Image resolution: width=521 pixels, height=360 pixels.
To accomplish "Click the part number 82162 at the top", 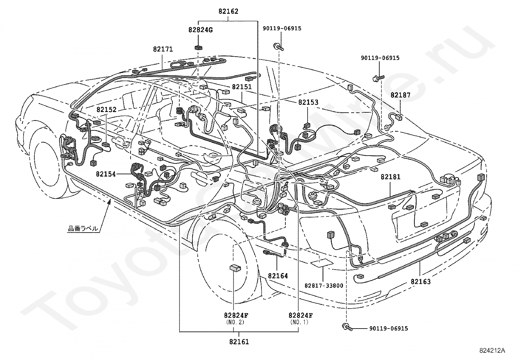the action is point(228,11).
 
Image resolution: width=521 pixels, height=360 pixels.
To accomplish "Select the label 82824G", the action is point(200,30).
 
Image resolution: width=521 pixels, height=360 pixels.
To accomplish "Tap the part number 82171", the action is point(163,49).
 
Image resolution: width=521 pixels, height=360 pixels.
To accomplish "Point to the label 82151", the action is point(242,86).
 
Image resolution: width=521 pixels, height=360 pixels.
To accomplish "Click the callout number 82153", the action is point(308,102).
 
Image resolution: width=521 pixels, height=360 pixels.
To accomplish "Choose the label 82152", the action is point(106,109).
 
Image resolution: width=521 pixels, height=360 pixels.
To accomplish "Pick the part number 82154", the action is point(106,174).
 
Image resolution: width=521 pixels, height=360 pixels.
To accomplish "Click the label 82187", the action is point(400,95).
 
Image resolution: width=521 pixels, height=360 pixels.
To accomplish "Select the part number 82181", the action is point(390,177).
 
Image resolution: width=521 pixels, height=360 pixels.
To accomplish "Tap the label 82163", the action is point(421,281).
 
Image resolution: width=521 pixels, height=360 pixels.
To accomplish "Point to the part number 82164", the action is point(278,276).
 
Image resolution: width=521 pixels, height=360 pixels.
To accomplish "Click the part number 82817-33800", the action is point(324,286).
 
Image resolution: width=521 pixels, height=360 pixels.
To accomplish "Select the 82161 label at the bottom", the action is point(239,342).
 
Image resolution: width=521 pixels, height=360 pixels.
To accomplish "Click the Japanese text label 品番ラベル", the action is point(83,228).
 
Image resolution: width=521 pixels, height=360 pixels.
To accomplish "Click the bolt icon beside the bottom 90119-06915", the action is point(347,327).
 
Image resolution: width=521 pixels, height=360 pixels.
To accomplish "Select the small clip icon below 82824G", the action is point(198,48).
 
